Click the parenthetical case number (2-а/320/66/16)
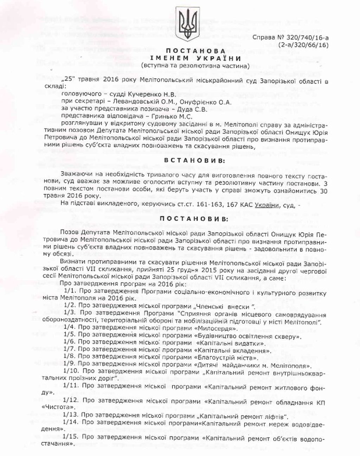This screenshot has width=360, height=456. click(303, 45)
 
